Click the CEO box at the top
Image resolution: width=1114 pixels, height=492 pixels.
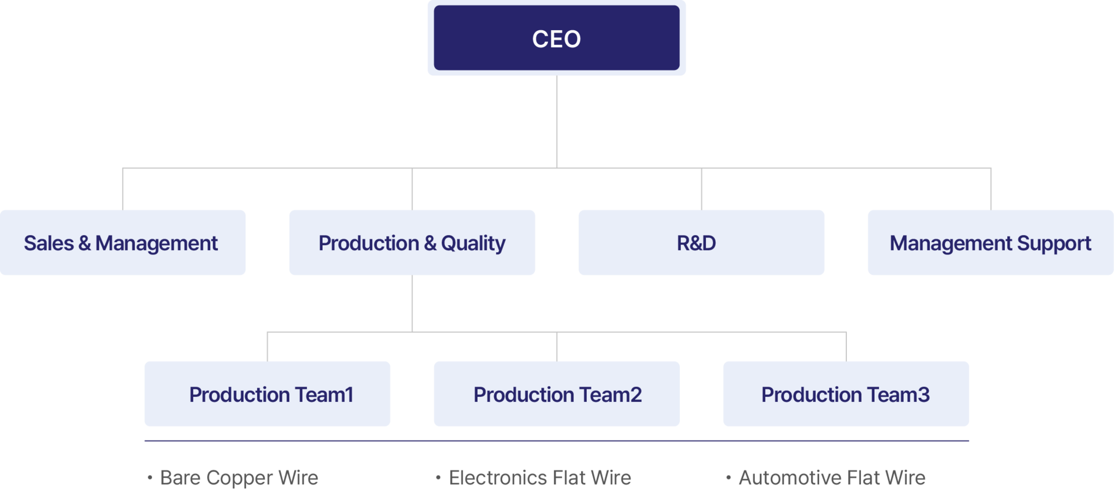557,38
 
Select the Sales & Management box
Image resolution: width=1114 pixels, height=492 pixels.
123,243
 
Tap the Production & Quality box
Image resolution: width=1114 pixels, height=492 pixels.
412,243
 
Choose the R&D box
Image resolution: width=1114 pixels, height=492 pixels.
701,243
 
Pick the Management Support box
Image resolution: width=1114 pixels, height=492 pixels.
990,243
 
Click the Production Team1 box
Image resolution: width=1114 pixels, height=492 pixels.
267,394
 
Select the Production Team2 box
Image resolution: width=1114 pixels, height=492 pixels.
557,394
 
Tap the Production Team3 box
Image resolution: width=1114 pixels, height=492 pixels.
846,394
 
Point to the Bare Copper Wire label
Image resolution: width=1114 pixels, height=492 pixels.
239,477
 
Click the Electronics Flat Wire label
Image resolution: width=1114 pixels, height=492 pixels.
540,477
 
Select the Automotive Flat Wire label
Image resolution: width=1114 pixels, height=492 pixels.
832,477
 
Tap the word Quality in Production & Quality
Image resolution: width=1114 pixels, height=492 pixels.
473,243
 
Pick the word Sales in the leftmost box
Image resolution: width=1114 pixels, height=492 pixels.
49,243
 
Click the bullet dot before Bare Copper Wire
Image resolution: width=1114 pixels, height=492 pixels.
150,478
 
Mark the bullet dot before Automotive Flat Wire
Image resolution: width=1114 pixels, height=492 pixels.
728,478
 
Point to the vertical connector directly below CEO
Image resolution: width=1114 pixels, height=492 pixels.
557,122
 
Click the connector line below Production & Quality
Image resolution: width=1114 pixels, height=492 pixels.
412,303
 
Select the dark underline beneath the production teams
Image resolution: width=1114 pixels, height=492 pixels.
557,441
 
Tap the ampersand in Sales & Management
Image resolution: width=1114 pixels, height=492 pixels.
85,243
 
